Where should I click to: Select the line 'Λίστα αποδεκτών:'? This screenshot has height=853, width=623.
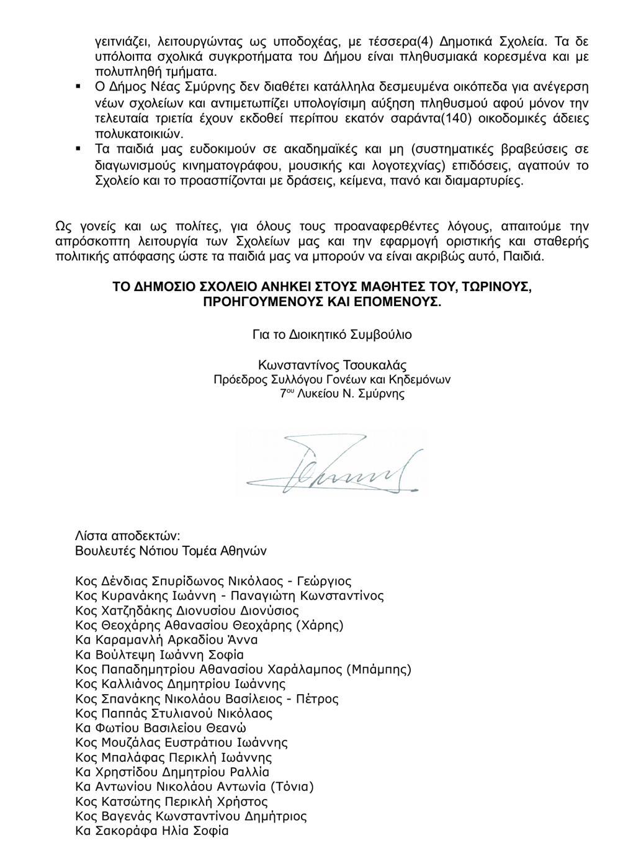pos(127,536)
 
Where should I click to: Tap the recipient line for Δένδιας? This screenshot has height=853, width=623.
pos(213,582)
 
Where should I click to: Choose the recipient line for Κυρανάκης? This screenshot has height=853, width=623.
pos(229,596)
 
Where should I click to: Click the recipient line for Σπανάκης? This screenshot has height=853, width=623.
pos(207,699)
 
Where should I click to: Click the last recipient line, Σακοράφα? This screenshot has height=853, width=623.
pos(151,831)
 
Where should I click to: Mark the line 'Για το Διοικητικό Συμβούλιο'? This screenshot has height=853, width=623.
pos(332,335)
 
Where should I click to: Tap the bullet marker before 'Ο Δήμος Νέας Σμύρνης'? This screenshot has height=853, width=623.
pos(79,85)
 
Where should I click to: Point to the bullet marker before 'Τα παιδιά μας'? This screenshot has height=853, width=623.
pos(79,149)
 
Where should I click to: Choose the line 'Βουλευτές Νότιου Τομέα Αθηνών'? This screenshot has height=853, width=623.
pos(171,551)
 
